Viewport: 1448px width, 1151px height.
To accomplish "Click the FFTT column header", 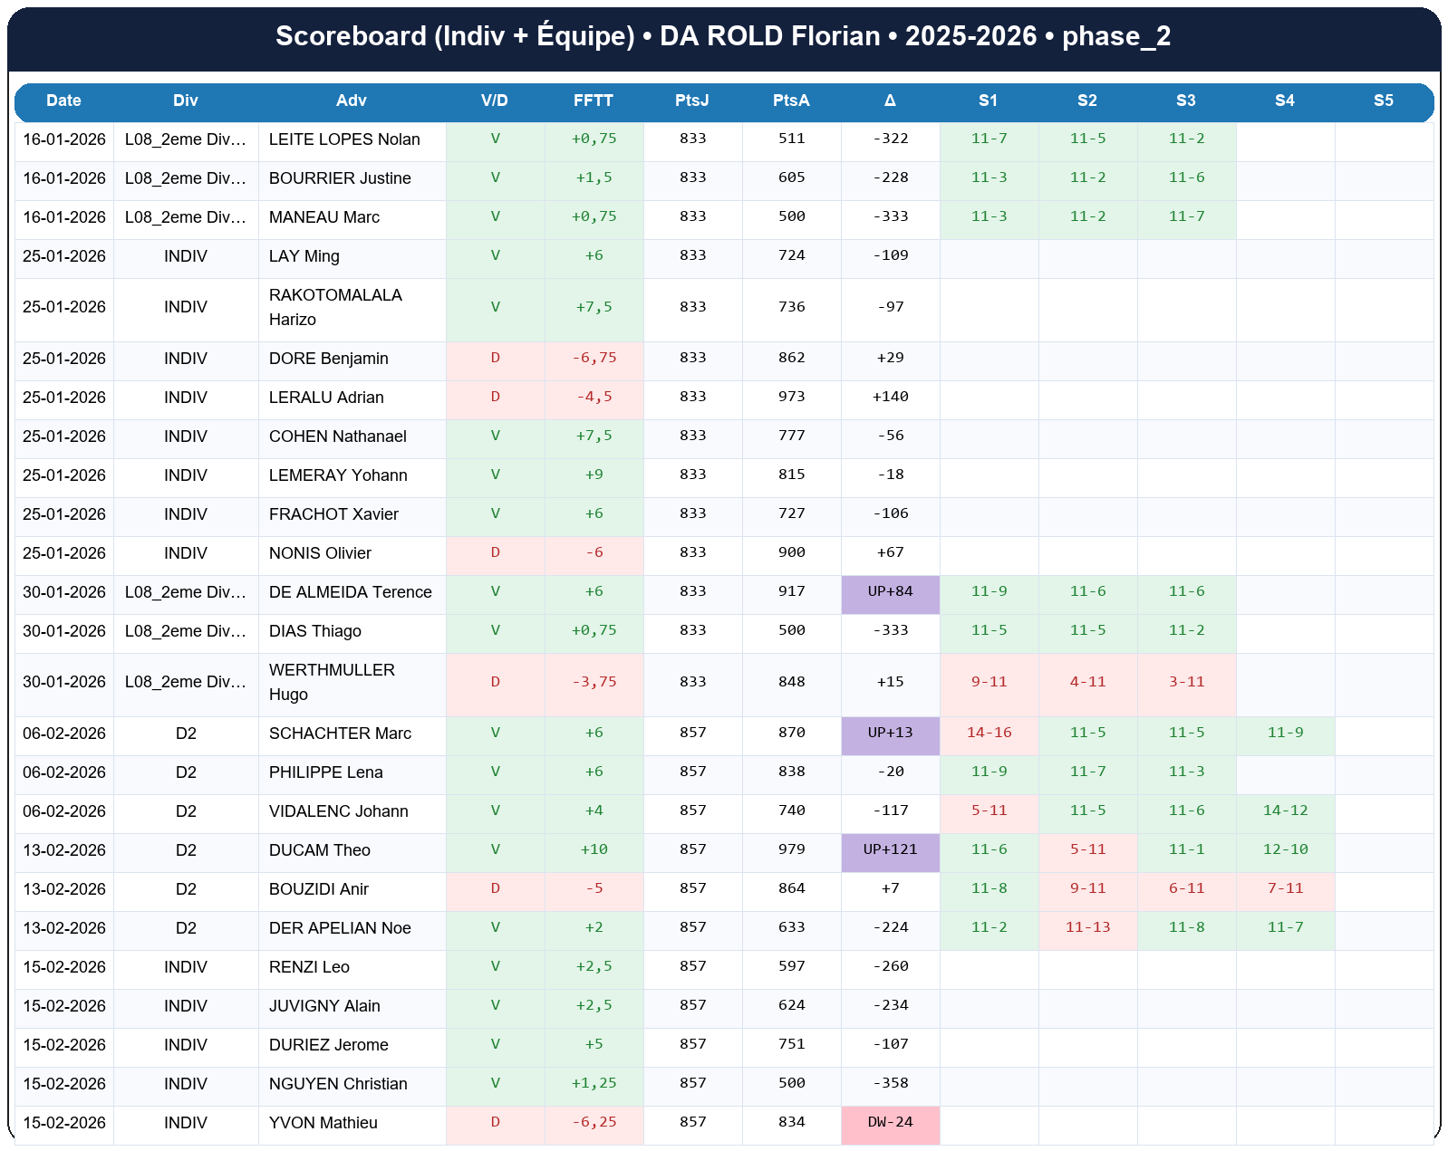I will (x=594, y=101).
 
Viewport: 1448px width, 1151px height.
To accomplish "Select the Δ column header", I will (x=890, y=101).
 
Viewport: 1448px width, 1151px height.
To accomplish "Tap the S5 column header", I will (x=1383, y=101).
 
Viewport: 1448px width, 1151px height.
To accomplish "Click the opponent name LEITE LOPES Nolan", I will (x=344, y=139).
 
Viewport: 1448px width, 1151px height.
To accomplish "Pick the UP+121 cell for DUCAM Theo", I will (x=890, y=849).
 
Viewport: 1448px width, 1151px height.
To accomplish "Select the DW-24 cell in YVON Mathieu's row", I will (x=890, y=1122).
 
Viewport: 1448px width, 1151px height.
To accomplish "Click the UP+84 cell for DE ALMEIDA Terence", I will (x=890, y=591).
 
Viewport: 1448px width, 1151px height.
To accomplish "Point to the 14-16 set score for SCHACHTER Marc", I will (x=989, y=733).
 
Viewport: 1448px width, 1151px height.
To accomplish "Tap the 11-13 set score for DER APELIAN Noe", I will (x=1087, y=927).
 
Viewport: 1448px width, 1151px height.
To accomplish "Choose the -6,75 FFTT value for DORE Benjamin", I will (x=594, y=358).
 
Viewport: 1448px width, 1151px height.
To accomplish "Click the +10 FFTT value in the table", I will (x=594, y=849).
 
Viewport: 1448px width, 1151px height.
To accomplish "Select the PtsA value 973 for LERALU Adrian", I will (x=791, y=397).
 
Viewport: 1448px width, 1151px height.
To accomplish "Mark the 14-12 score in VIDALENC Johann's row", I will (x=1285, y=810).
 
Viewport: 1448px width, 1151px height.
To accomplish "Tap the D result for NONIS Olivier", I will (x=495, y=552).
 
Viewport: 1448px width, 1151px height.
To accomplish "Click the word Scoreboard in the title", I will (x=351, y=36).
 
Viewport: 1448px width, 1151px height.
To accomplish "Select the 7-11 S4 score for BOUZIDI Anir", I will (x=1285, y=888).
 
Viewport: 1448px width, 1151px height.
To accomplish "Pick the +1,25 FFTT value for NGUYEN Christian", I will (x=594, y=1083).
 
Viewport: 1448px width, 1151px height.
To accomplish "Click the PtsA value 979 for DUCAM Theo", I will (x=791, y=849).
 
